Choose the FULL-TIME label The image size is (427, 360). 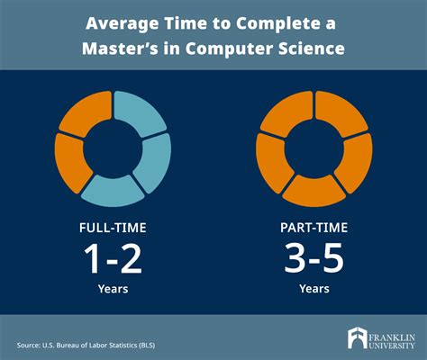click(113, 227)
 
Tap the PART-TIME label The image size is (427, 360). click(315, 227)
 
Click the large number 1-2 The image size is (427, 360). click(113, 260)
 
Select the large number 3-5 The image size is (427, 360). click(315, 260)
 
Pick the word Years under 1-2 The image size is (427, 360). click(113, 289)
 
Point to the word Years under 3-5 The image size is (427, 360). click(315, 289)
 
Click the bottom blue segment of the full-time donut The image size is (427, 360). click(113, 189)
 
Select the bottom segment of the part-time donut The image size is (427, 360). click(315, 190)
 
